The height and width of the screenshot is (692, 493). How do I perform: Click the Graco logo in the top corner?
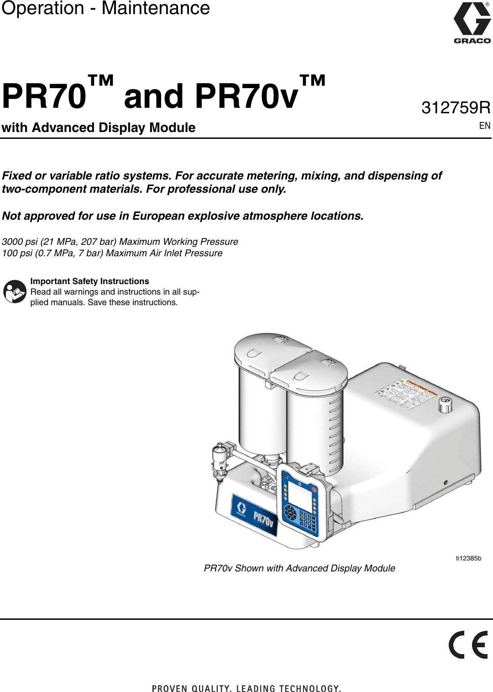(x=472, y=23)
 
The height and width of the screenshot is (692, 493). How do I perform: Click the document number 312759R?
(x=456, y=108)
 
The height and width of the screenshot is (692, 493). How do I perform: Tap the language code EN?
(x=484, y=126)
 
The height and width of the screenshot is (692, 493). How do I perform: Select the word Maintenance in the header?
(x=156, y=8)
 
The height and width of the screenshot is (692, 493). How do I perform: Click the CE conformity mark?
(x=468, y=644)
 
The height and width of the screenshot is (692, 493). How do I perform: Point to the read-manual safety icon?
(x=15, y=291)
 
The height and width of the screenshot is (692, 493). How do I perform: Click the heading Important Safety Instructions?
(x=89, y=281)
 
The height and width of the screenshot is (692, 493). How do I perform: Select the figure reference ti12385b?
(x=468, y=558)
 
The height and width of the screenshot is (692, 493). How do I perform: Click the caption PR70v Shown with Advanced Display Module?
(x=299, y=568)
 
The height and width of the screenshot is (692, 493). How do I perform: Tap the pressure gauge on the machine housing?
(x=445, y=404)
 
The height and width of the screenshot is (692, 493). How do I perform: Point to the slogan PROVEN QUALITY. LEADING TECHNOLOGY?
(x=246, y=688)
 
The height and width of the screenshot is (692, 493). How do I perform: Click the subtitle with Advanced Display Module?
(x=99, y=127)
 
